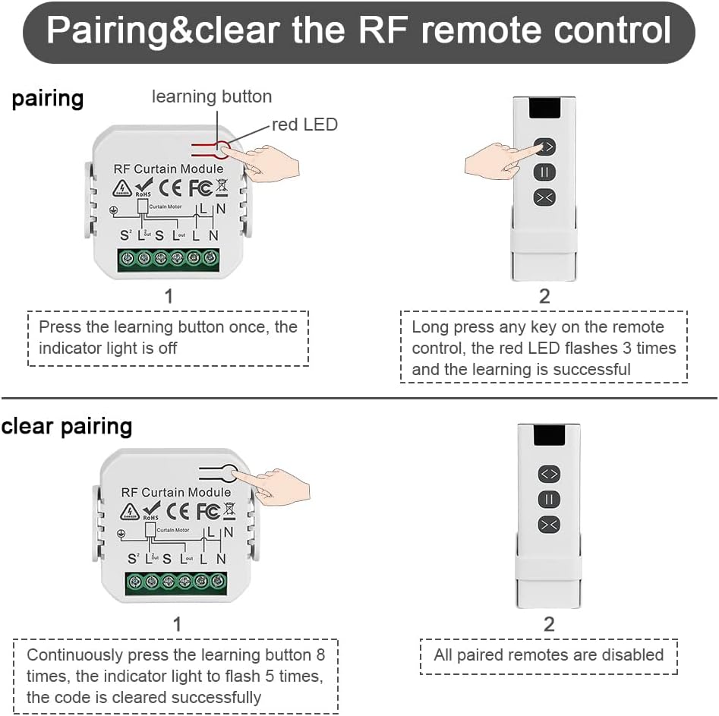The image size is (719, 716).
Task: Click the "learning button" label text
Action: [212, 96]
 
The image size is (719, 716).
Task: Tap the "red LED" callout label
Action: [304, 125]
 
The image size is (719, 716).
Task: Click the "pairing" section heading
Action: [47, 99]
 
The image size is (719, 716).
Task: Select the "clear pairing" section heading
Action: [67, 426]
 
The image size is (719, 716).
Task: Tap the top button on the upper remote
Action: [545, 147]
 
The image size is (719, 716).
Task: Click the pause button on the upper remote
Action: [545, 172]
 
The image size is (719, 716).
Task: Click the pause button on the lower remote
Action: [549, 499]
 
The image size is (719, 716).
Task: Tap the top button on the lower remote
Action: [549, 474]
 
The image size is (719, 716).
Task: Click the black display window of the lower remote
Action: [548, 435]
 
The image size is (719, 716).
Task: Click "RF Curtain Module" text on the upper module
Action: [169, 169]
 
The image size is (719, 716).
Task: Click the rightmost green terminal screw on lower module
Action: [218, 582]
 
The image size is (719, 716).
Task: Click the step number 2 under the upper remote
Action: [544, 296]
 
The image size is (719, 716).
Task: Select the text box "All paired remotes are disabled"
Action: [548, 655]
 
